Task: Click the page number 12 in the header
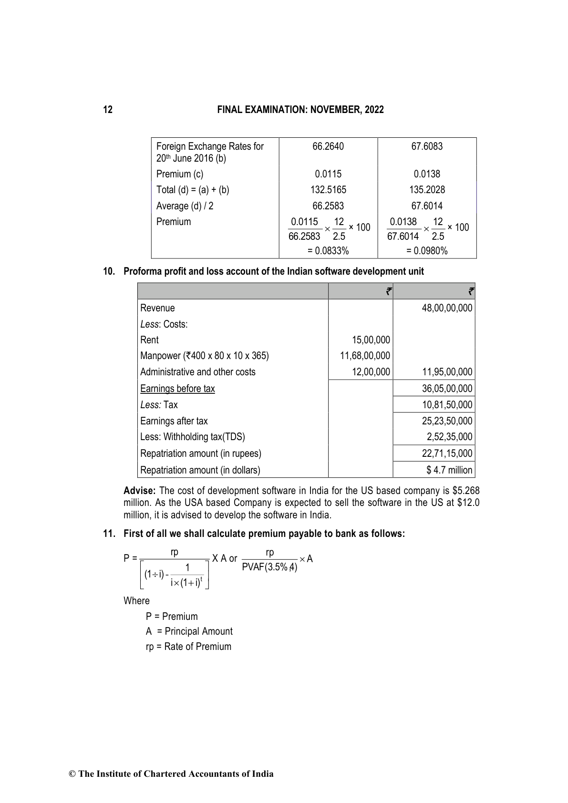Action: pos(108,110)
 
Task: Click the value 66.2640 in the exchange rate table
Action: pos(328,146)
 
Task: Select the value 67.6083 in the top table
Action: pos(427,146)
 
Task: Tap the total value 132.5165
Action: pos(328,190)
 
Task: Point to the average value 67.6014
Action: pos(427,206)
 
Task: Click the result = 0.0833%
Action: pos(328,251)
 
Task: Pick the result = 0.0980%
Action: pos(427,251)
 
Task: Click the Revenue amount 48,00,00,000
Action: pos(447,308)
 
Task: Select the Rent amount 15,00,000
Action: pos(371,340)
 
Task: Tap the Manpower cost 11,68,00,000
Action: pos(365,356)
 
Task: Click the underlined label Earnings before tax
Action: pos(177,389)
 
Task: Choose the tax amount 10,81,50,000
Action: pos(447,405)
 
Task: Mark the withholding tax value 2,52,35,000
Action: pos(449,437)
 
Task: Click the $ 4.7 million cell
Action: pos(449,470)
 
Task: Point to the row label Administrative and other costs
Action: pos(198,372)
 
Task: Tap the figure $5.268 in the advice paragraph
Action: pos(468,491)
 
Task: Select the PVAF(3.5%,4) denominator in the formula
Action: pos(269,567)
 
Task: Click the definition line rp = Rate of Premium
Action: pos(188,647)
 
